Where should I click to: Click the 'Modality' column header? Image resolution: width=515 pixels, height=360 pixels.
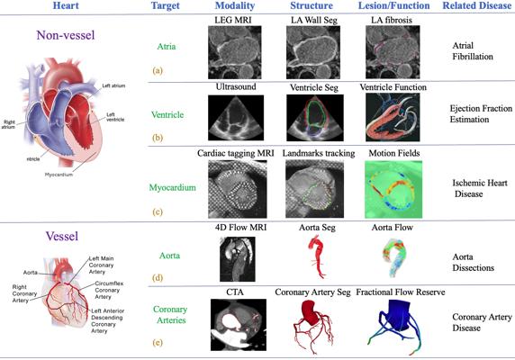tap(235, 5)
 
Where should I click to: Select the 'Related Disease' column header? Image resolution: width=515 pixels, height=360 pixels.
tap(477, 5)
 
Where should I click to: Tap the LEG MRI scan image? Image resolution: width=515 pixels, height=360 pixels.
tap(234, 52)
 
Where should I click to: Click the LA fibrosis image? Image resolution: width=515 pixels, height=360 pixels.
tap(393, 52)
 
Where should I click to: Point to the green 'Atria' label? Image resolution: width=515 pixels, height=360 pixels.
tap(167, 46)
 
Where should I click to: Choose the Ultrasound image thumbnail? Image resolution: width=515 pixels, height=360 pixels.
tap(236, 118)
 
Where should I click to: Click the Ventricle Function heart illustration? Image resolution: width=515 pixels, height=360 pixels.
tap(393, 117)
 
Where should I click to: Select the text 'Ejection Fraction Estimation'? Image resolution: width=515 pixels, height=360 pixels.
tap(481, 114)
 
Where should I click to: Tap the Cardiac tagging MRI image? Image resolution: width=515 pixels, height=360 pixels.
tap(238, 189)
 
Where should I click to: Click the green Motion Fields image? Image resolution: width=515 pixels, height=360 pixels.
tap(393, 189)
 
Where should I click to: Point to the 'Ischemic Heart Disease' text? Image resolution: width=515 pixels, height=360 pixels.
tap(480, 188)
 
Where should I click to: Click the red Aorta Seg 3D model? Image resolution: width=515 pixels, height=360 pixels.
tap(317, 256)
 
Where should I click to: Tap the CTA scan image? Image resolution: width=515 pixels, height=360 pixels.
tap(239, 325)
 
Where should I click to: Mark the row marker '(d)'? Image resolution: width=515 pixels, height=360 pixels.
tap(158, 277)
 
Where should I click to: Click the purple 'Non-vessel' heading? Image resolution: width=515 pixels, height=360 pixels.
tap(66, 35)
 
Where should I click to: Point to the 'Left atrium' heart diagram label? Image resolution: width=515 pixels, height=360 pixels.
tap(113, 85)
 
